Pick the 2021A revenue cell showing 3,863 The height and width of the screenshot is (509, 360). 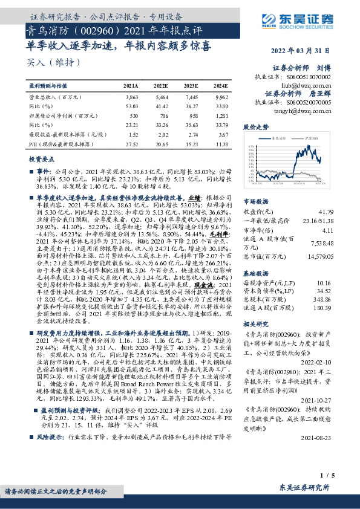[131, 97]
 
